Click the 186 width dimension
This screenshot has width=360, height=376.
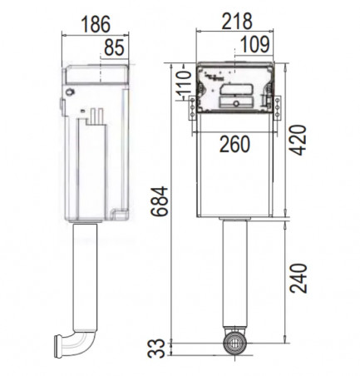click(96, 24)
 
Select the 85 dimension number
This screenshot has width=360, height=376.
click(114, 47)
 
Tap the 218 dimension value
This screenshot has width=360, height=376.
click(237, 21)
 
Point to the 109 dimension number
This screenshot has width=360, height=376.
click(254, 44)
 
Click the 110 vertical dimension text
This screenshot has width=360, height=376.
click(185, 82)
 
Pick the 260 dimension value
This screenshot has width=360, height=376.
click(234, 145)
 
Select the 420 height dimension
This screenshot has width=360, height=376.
click(298, 141)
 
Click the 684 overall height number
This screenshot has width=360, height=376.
click(160, 201)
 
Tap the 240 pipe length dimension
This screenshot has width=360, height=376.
click(298, 278)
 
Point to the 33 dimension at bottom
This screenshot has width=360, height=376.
click(156, 349)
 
